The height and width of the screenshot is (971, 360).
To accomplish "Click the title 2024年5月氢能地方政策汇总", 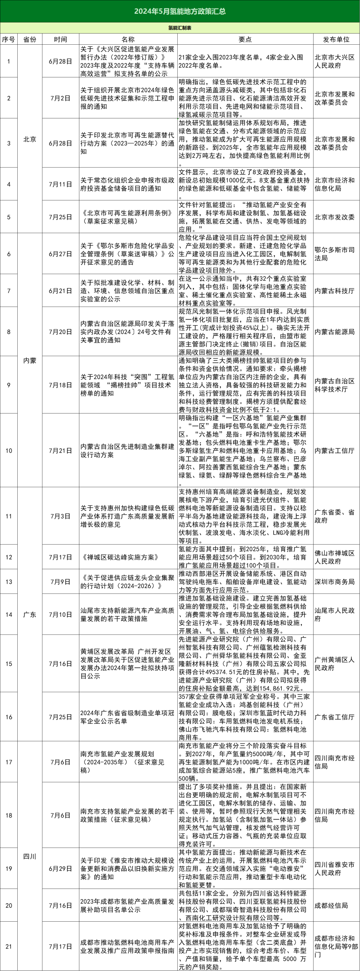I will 180,11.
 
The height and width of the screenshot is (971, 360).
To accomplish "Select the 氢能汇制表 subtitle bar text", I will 180,28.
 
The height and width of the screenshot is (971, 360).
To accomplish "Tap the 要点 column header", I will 245,39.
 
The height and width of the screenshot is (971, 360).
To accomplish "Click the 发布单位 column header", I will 336,39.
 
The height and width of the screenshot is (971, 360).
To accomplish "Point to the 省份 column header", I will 30,39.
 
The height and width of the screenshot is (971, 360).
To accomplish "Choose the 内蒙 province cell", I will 30,360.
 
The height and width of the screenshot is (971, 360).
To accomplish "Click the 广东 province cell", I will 30,615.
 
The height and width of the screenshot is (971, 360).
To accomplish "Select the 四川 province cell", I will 30,856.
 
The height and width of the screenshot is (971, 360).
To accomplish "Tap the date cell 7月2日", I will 60,98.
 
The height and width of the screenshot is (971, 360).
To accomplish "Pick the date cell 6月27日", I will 60,254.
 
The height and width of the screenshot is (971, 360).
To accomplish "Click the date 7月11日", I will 60,184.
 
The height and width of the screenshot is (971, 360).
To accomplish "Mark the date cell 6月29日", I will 60,869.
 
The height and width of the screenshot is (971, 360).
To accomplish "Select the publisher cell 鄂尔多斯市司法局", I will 334,254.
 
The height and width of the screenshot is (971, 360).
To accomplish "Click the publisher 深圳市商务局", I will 334,582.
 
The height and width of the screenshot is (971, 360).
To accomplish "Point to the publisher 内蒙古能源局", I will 334,332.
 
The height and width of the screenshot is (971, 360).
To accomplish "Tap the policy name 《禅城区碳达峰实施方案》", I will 120,557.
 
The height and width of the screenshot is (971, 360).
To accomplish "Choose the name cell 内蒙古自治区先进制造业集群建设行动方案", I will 127,450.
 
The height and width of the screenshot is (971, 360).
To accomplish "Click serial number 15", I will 9,664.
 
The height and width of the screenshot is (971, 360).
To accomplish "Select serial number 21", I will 9,946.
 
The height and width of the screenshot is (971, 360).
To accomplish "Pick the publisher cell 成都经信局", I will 331,905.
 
